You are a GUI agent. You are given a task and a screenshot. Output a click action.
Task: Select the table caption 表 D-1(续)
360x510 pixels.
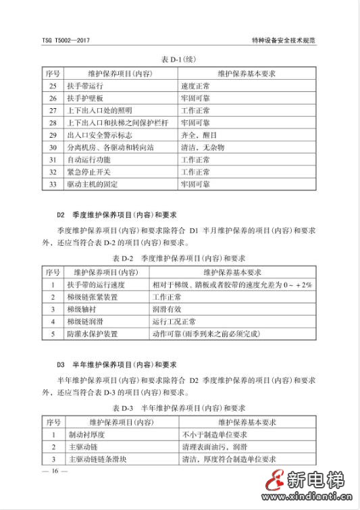179,59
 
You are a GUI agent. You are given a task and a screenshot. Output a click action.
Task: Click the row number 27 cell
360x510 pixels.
53,110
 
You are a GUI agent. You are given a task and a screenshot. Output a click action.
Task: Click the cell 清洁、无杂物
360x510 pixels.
203,147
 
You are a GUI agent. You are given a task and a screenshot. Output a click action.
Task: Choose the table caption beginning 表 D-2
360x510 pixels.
178,258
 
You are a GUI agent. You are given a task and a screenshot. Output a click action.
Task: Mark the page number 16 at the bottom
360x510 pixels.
54,471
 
